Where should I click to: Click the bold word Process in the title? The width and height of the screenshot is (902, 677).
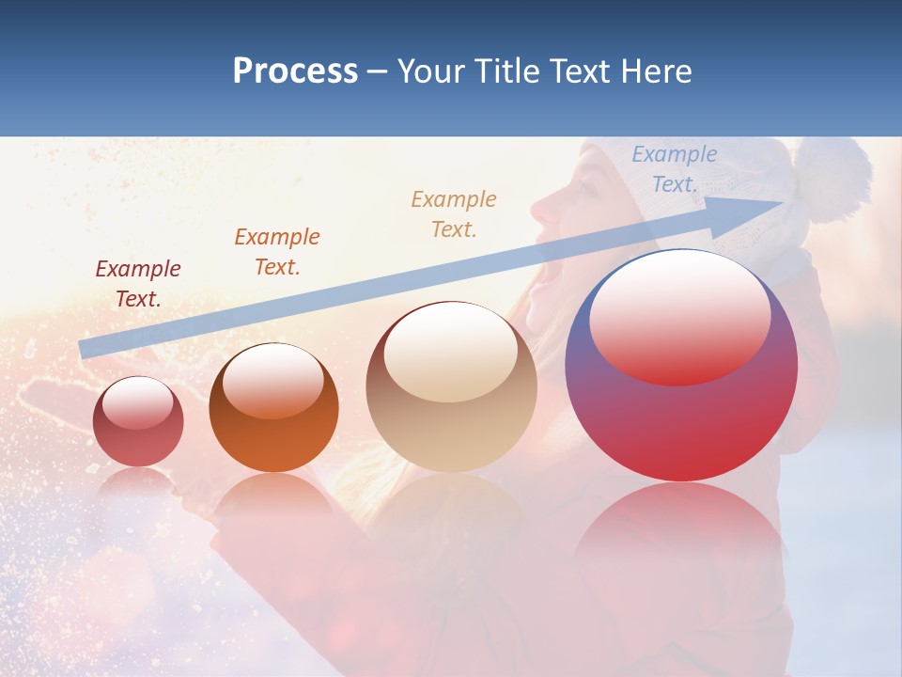(x=295, y=71)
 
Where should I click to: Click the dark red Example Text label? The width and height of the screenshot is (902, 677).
(x=138, y=284)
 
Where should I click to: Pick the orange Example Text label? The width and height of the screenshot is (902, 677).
(x=277, y=251)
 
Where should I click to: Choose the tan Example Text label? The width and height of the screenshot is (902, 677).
(x=454, y=213)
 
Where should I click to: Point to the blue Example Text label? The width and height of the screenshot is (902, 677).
(x=674, y=169)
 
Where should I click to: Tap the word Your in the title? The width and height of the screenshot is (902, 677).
(x=432, y=71)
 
